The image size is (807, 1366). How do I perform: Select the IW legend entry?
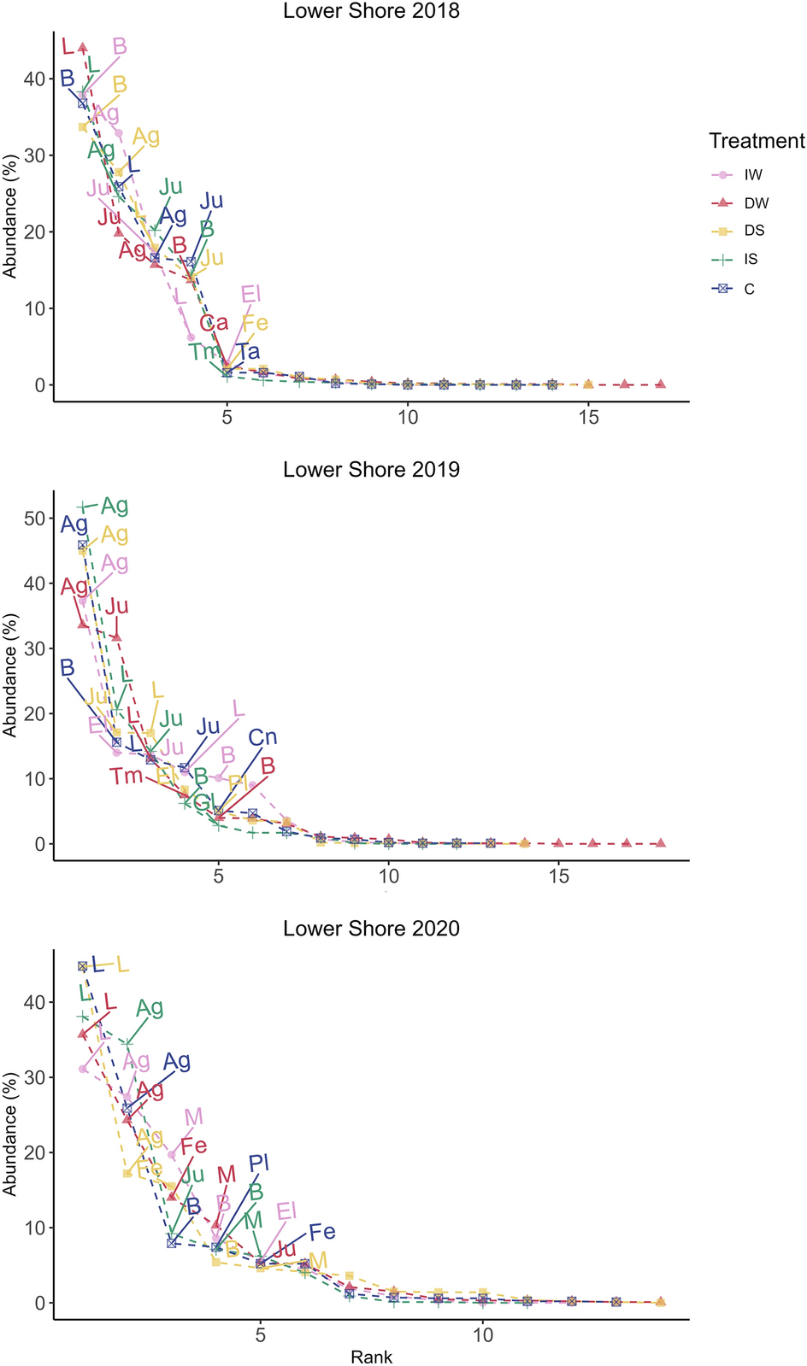[752, 175]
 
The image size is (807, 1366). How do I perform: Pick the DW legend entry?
[756, 203]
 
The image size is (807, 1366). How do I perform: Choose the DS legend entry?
[754, 231]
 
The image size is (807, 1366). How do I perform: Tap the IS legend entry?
[751, 260]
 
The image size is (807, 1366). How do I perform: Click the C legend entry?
[749, 289]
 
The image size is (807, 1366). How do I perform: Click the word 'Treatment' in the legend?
[757, 141]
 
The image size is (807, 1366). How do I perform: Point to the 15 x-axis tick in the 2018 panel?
[588, 418]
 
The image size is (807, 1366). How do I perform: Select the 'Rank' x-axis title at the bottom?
[371, 1357]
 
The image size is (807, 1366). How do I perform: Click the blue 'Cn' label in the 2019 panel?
[262, 737]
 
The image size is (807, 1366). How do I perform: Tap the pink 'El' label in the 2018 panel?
[250, 295]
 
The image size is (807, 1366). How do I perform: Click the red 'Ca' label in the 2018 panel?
[214, 323]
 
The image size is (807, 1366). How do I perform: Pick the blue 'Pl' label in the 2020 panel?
[259, 1163]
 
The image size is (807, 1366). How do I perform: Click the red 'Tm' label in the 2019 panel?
[126, 777]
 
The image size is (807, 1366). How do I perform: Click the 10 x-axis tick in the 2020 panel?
[483, 1335]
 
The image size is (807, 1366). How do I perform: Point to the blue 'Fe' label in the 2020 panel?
[321, 1232]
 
